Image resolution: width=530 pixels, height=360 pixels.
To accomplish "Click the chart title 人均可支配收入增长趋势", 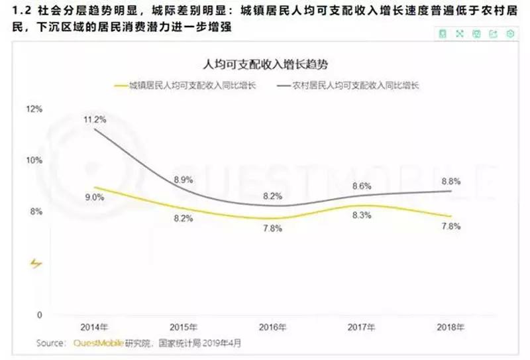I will pyautogui.click(x=265, y=65).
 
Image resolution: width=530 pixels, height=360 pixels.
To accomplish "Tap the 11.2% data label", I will pyautogui.click(x=95, y=119).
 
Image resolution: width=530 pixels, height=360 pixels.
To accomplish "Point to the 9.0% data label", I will pyautogui.click(x=95, y=197).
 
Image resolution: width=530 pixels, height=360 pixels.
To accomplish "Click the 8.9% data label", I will pyautogui.click(x=184, y=179).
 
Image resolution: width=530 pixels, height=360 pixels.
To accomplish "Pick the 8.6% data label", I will pyautogui.click(x=361, y=186).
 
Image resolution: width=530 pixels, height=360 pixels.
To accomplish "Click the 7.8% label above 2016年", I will pyautogui.click(x=272, y=228).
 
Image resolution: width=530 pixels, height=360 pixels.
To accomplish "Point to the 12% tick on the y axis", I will pyautogui.click(x=34, y=109).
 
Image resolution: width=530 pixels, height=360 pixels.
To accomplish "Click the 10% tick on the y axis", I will pyautogui.click(x=34, y=160).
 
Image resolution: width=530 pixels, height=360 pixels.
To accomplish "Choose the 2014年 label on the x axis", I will pyautogui.click(x=94, y=328).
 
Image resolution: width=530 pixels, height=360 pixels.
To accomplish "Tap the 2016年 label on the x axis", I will pyautogui.click(x=272, y=328).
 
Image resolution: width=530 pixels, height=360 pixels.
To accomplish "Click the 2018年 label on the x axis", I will pyautogui.click(x=450, y=328).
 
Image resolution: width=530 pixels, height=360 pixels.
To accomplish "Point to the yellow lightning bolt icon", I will pyautogui.click(x=36, y=264).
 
